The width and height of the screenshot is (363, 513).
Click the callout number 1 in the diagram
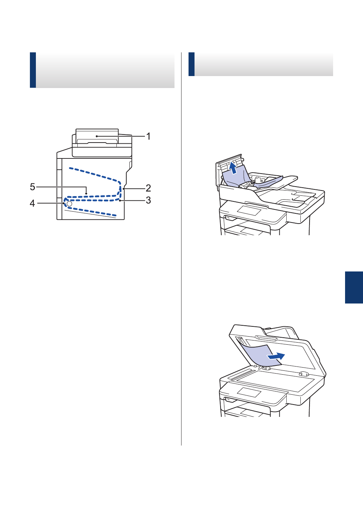click(x=148, y=136)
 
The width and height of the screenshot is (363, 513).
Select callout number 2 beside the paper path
click(x=148, y=188)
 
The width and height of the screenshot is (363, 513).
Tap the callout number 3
click(x=148, y=200)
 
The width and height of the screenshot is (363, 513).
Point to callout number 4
click(x=32, y=204)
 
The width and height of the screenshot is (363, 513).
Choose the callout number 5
click(x=32, y=187)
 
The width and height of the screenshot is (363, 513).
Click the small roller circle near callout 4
click(x=69, y=204)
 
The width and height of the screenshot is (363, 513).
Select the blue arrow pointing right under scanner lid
click(x=276, y=356)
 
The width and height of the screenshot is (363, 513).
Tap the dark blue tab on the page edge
click(x=354, y=287)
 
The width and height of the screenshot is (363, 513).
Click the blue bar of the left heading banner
click(x=33, y=70)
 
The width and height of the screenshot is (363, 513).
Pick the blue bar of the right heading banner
click(x=191, y=64)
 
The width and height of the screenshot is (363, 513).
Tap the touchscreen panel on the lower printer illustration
click(x=249, y=393)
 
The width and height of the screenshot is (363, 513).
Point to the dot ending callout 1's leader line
click(x=96, y=136)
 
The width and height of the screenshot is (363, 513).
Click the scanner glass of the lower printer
click(x=278, y=382)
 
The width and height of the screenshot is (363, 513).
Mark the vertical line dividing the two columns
click(x=181, y=246)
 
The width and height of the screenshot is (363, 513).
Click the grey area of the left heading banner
click(x=106, y=70)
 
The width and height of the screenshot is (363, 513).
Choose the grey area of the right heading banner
click(x=264, y=64)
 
